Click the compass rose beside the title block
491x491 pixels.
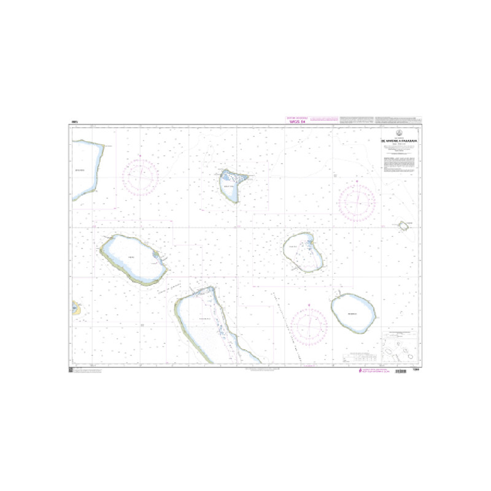tap(357, 201)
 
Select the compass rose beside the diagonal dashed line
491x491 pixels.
tap(309, 323)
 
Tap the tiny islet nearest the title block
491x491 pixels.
tap(404, 226)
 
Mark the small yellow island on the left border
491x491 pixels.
tap(76, 307)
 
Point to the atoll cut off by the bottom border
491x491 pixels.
tap(209, 325)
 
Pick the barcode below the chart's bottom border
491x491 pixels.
tap(402, 371)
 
